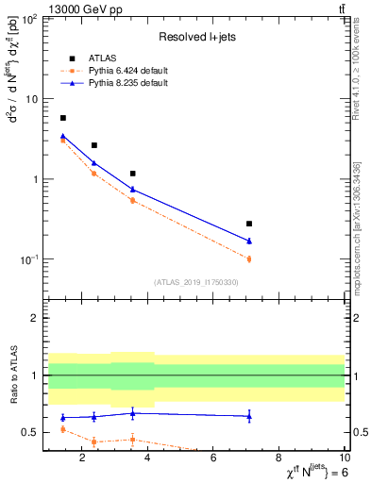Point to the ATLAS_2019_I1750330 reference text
point(196,282)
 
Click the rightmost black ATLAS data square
point(249,224)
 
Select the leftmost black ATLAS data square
point(63,118)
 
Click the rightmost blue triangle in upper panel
point(249,241)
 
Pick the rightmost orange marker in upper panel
point(249,258)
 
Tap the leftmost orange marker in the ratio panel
point(63,429)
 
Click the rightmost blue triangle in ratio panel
point(249,416)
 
